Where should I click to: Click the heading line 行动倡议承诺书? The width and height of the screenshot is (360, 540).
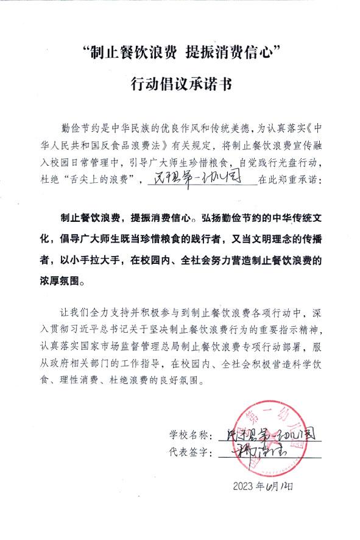(180, 83)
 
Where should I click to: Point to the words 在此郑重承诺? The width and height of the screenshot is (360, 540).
(286, 181)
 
